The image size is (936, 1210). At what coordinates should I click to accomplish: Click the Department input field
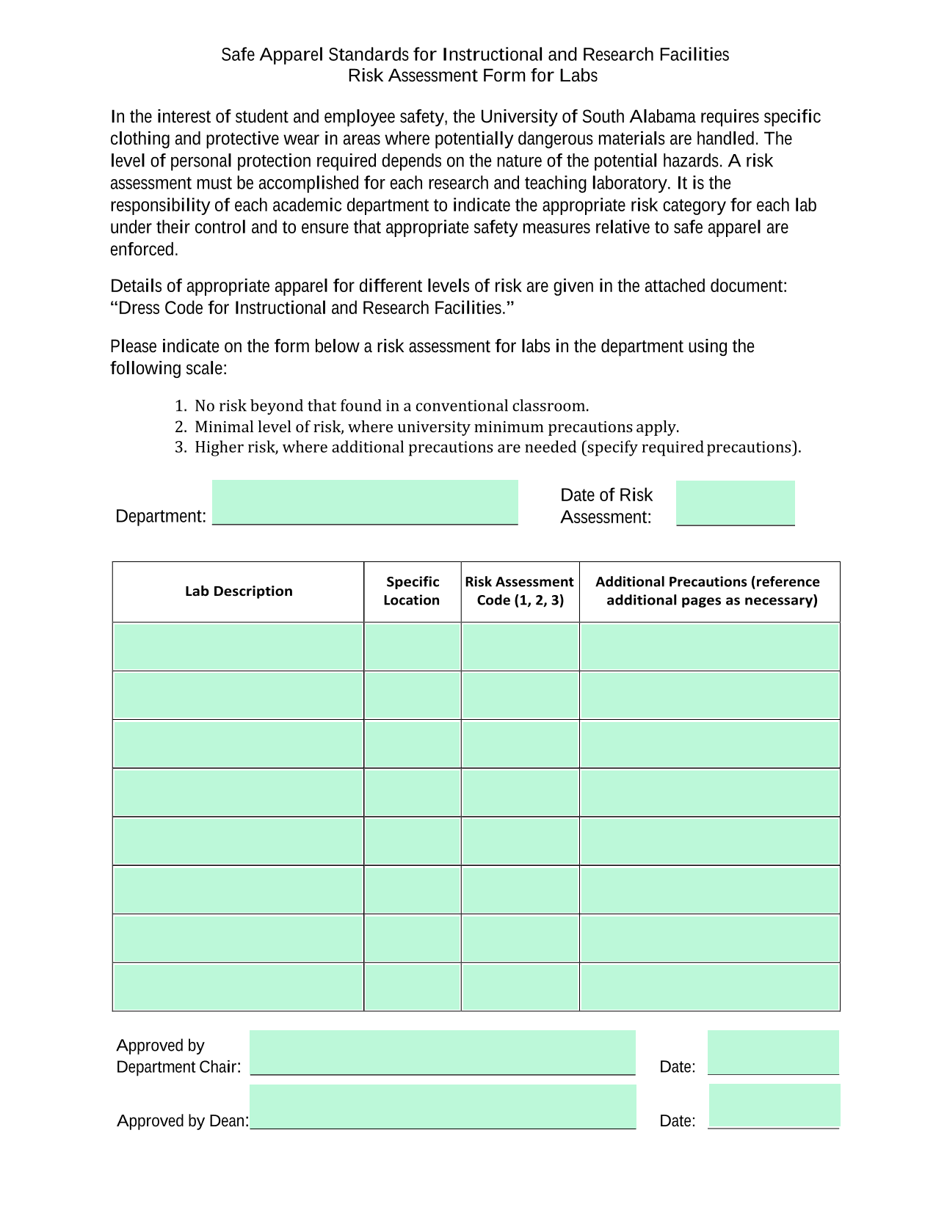[365, 502]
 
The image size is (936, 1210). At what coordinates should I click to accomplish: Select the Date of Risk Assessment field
[735, 503]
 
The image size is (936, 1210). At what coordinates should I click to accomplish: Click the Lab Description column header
[239, 591]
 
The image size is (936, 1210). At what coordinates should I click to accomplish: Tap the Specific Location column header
[412, 591]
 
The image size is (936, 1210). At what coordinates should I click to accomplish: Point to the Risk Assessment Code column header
[520, 591]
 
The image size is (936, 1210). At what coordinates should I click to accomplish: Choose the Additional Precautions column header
[708, 591]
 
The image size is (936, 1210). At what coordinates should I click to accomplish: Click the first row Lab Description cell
[239, 646]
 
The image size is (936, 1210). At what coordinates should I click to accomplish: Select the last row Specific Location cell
[412, 987]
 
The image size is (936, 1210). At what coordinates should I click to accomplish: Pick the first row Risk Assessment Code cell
[520, 646]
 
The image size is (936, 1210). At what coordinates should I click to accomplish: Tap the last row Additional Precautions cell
[709, 987]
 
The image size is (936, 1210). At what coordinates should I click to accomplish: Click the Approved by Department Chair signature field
[442, 1052]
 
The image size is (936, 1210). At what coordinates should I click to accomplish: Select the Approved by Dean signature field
[442, 1107]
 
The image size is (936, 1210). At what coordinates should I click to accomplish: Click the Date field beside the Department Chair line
[773, 1052]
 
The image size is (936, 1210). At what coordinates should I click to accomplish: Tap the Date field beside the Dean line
[774, 1106]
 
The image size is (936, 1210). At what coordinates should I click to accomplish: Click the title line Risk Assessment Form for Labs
[473, 76]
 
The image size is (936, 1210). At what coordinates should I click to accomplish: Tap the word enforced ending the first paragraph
[142, 249]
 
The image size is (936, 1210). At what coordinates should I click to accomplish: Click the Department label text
[161, 516]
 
